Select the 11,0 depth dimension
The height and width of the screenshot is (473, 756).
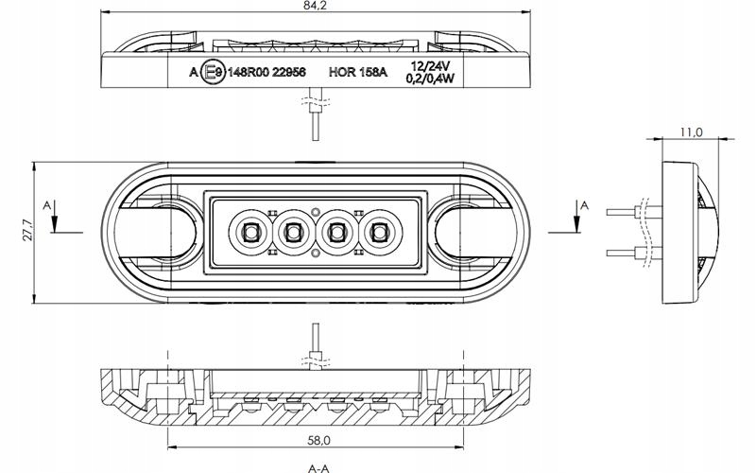690,133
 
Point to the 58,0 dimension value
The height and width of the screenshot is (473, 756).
318,440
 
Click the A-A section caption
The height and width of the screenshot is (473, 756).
318,466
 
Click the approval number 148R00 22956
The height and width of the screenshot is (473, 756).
267,71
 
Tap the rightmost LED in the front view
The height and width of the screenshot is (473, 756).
380,230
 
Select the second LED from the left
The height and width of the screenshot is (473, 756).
293,230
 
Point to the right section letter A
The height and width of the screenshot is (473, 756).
585,203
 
